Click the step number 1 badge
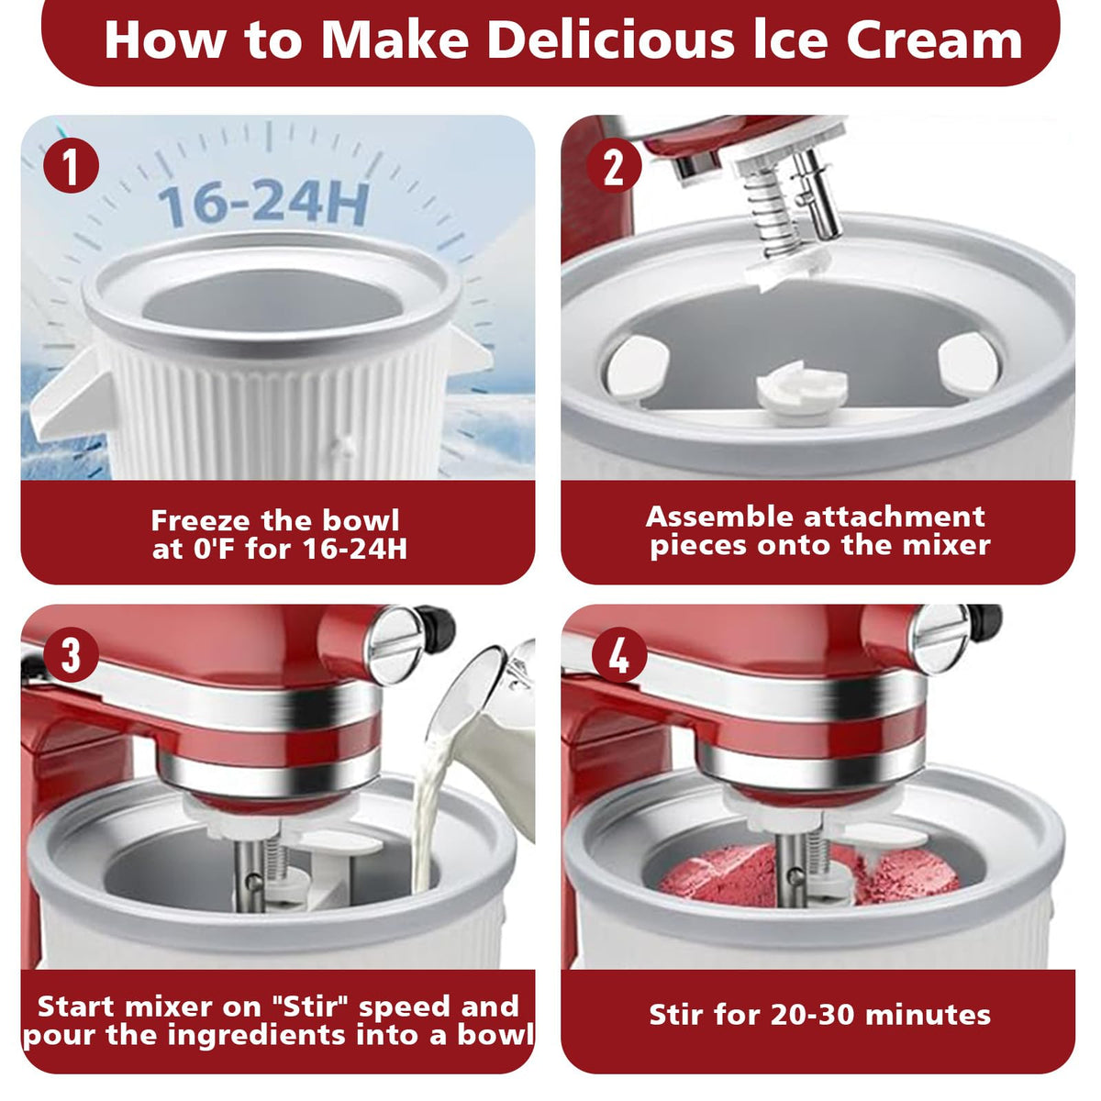coord(71,166)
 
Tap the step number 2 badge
coord(614,166)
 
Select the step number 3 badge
coord(71,655)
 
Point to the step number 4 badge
coord(619,655)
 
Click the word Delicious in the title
coord(611,40)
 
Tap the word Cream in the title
coord(934,40)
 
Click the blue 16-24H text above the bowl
coord(263,203)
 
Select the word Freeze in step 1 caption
coord(201,520)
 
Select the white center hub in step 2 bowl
coord(802,391)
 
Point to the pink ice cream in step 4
coord(810,873)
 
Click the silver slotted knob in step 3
coord(396,644)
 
